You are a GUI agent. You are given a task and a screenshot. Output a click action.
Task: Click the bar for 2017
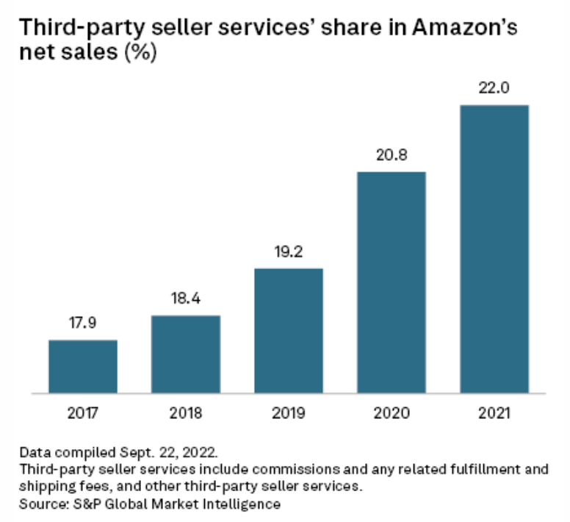tap(83, 366)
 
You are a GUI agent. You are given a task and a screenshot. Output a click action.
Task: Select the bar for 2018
tap(186, 354)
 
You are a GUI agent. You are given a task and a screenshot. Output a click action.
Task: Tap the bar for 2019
tap(289, 330)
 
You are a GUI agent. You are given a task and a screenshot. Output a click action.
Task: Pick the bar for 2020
tap(392, 282)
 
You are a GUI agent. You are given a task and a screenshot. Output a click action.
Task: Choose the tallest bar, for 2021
tap(494, 249)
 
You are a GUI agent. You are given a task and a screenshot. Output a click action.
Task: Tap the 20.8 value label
tap(392, 156)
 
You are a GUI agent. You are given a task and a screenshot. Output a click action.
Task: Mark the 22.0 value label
tap(494, 89)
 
